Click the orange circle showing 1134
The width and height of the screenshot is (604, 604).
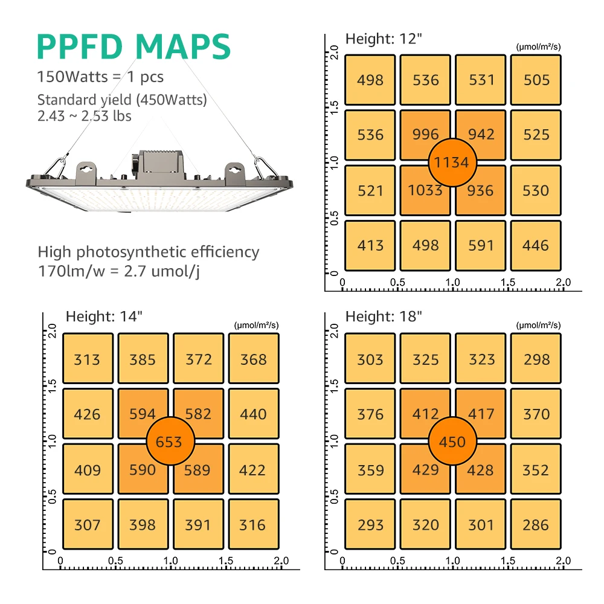click(452, 162)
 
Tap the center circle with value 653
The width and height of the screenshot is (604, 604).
click(169, 442)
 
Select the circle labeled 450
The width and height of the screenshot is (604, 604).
click(452, 442)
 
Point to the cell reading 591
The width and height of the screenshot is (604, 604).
click(481, 245)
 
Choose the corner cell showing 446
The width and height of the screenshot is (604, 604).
click(536, 245)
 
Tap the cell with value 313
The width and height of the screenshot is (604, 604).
click(87, 360)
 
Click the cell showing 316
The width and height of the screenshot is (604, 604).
click(253, 525)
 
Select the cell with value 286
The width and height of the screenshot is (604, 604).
click(536, 525)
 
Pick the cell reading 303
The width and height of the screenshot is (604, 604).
click(370, 360)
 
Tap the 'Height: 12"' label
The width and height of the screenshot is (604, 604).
click(383, 39)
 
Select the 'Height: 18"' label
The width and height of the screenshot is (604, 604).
click(383, 316)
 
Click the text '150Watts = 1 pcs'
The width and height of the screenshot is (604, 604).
click(100, 77)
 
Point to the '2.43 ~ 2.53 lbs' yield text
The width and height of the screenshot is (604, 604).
click(85, 115)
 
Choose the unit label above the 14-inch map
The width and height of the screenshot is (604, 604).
click(256, 325)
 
